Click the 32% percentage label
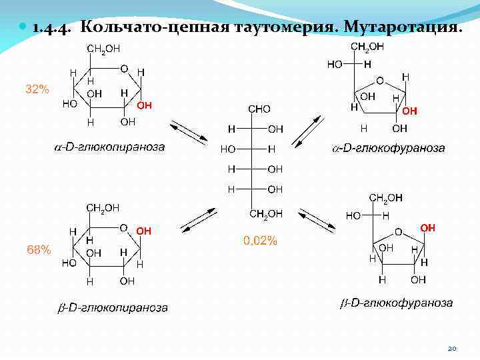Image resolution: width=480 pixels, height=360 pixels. [37, 89]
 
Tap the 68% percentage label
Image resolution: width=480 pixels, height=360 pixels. [38, 249]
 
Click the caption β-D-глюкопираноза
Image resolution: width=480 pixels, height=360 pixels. [111, 307]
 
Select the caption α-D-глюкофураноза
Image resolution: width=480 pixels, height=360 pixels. [389, 148]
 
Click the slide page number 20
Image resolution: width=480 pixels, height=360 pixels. [451, 348]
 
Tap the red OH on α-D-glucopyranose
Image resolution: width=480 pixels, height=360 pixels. [144, 105]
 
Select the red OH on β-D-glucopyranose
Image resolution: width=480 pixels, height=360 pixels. [144, 231]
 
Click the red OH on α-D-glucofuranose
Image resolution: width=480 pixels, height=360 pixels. [409, 111]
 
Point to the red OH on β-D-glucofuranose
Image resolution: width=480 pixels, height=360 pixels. [427, 228]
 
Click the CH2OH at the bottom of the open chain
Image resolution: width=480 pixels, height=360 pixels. [265, 213]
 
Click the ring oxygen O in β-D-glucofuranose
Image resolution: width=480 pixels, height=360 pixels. [398, 232]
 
